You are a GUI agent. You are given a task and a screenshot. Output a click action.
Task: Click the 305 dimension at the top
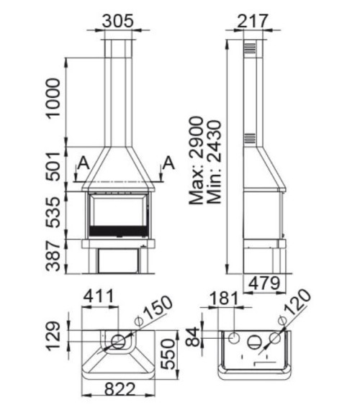pyautogui.click(x=117, y=20)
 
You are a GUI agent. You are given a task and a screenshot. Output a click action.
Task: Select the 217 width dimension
pyautogui.click(x=249, y=20)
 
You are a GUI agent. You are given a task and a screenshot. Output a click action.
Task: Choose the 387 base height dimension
pyautogui.click(x=53, y=256)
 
